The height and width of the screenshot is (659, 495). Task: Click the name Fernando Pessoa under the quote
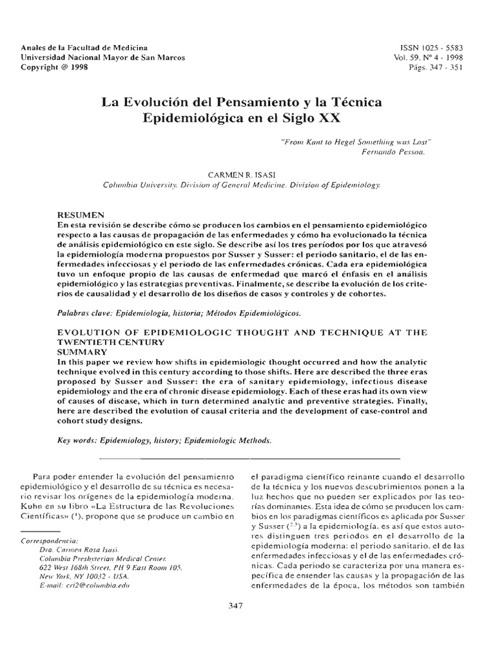(x=394, y=152)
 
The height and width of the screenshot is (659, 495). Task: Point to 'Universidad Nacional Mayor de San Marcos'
(x=103, y=57)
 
